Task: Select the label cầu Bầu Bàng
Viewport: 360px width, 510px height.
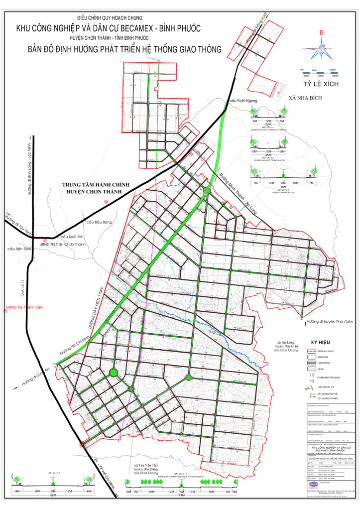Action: tap(100, 222)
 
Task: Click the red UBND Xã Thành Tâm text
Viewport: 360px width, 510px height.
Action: tap(24, 307)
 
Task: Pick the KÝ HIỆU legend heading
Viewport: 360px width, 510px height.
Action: tap(321, 343)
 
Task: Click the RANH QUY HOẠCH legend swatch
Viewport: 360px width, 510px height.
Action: tap(311, 351)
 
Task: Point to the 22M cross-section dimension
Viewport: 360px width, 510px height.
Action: tap(268, 125)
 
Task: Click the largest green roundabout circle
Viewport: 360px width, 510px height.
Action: tap(114, 373)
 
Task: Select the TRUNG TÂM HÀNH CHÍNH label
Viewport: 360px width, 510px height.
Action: tap(96, 185)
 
